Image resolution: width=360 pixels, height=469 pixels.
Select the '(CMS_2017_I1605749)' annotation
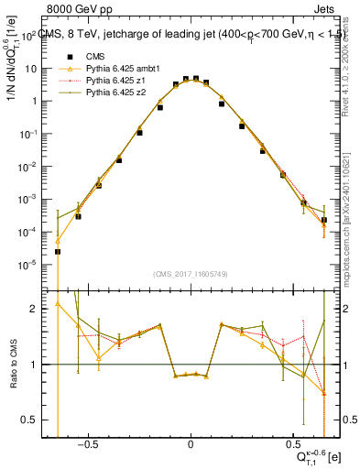click(190, 273)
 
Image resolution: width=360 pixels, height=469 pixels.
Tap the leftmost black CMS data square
click(58, 251)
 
